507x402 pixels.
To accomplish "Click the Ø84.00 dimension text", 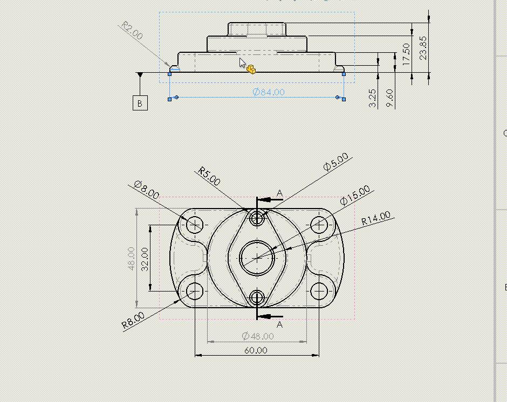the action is (269, 92).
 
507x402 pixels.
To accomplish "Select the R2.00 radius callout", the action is (132, 30).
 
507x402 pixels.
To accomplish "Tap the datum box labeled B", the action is (140, 103).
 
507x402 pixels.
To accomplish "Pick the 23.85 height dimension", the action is (423, 48).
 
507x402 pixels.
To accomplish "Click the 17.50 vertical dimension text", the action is (406, 54).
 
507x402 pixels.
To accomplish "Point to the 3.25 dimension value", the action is (373, 98).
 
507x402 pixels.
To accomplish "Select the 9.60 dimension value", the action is (389, 98).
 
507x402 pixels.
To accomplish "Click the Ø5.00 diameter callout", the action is (335, 162).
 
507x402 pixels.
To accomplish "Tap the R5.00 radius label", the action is (209, 176).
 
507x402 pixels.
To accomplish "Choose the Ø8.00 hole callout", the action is (147, 190).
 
